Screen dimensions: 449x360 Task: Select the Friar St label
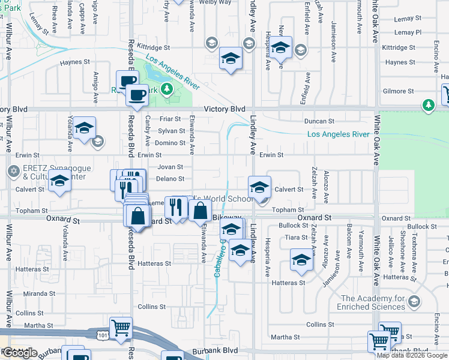pyautogui.click(x=170, y=119)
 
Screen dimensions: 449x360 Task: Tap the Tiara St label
pyautogui.click(x=297, y=237)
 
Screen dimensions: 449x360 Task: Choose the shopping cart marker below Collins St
pyautogui.click(x=121, y=328)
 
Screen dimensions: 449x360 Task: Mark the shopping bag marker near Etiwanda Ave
pyautogui.click(x=200, y=211)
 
